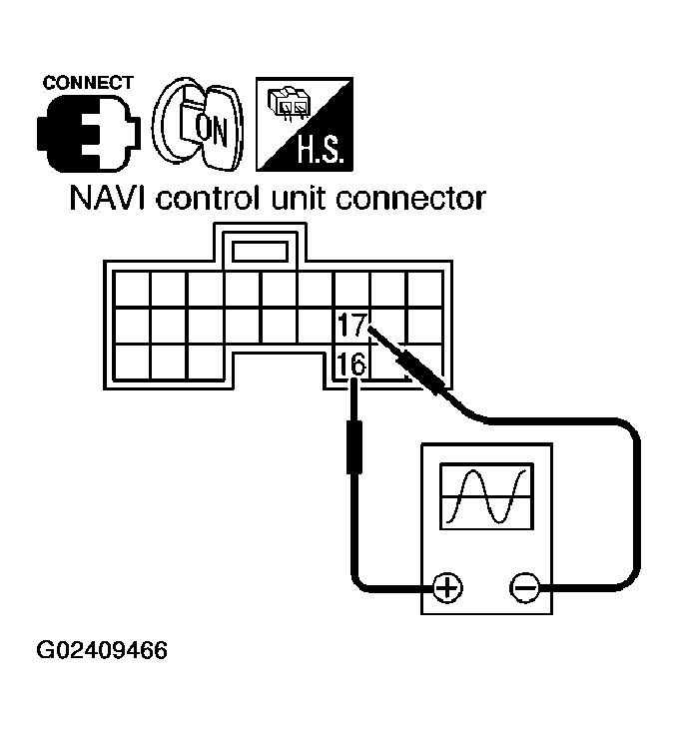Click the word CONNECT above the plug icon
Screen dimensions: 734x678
(88, 82)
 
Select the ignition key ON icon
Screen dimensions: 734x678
(196, 127)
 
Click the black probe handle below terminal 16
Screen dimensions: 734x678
(352, 445)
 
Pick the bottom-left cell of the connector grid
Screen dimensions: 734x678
(131, 361)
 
